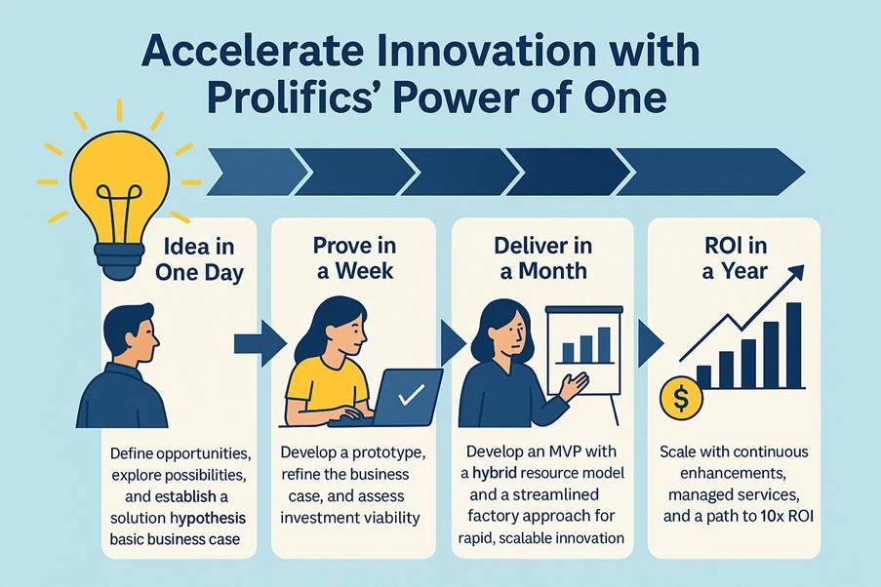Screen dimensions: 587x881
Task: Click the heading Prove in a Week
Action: [354, 258]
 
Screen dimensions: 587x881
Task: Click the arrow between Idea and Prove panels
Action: [259, 342]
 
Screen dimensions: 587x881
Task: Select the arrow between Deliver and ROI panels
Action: [649, 342]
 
